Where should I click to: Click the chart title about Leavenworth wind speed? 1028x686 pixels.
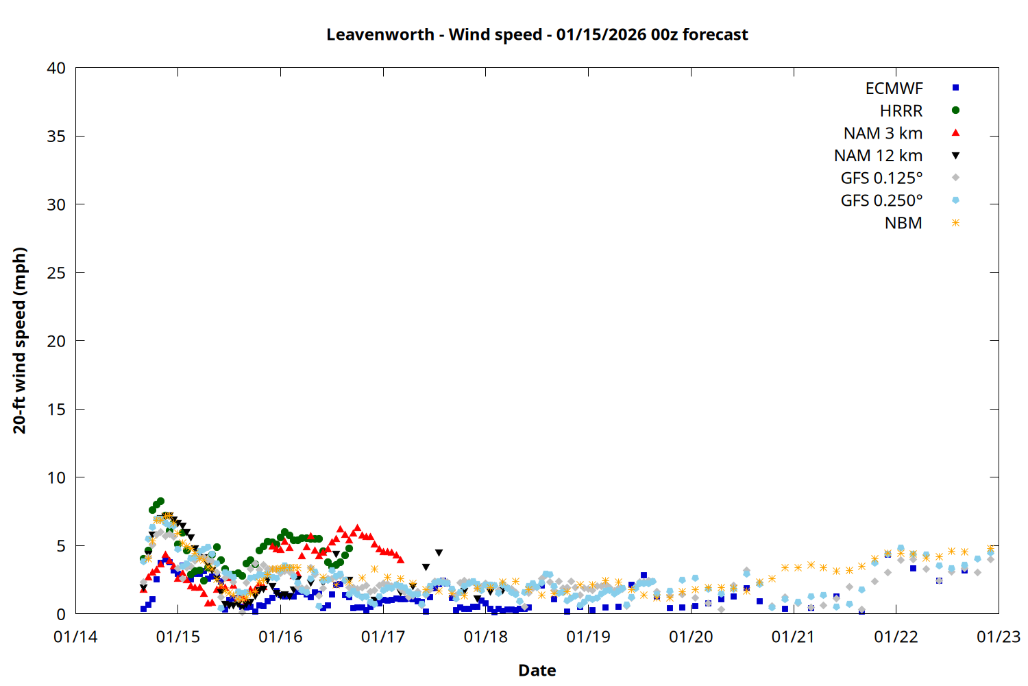(x=537, y=34)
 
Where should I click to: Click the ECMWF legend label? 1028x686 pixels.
(x=894, y=88)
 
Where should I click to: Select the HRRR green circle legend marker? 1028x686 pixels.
(x=955, y=110)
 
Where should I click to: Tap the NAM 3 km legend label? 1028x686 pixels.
(x=883, y=133)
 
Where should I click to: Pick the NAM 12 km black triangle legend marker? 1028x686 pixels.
(x=955, y=156)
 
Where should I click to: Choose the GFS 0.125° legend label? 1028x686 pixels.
(x=881, y=178)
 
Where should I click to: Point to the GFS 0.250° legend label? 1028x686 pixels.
(x=881, y=201)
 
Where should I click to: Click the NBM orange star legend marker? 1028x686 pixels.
(x=955, y=223)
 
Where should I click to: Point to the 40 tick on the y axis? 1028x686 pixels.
(x=56, y=68)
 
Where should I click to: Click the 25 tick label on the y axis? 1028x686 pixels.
(x=56, y=273)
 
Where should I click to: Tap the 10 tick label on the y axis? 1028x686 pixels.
(x=56, y=477)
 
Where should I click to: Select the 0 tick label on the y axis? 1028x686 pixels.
(x=61, y=614)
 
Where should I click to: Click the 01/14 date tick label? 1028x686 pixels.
(x=75, y=637)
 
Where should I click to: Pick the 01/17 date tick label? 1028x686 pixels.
(x=383, y=637)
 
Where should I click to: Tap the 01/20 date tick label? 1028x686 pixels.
(x=691, y=637)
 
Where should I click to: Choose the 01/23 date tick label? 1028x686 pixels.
(x=998, y=637)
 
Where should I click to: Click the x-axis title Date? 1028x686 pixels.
(x=537, y=670)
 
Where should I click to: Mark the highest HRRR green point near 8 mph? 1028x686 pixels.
(x=160, y=501)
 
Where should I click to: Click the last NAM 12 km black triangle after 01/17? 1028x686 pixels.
(x=439, y=553)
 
